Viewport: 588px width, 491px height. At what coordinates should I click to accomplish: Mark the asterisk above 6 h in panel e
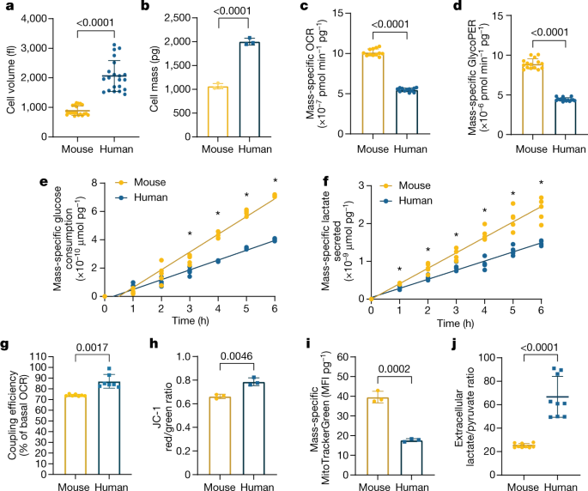click(276, 180)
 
